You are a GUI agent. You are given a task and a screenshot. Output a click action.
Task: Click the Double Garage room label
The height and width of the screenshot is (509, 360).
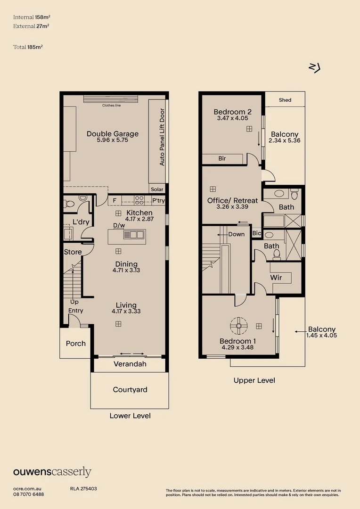tap(112, 134)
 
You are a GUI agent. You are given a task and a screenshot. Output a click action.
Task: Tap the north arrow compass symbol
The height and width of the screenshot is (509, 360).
tap(314, 67)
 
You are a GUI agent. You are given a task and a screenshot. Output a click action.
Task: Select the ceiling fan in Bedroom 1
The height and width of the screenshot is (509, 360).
tap(238, 326)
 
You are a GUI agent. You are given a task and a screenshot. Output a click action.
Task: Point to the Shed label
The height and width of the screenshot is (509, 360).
tap(285, 100)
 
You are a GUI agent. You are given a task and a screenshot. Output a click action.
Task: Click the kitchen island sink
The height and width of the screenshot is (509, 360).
tap(134, 234)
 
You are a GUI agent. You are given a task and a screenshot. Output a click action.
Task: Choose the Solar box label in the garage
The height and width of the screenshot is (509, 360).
tap(157, 189)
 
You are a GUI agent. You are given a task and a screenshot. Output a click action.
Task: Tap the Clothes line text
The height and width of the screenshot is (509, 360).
tap(111, 106)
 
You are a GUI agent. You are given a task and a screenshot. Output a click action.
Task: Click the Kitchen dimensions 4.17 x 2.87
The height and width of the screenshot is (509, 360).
tap(139, 219)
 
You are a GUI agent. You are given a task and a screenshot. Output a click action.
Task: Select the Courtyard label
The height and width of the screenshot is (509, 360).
tap(130, 390)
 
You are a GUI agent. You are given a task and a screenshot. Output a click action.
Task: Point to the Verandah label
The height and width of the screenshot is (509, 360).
tap(130, 364)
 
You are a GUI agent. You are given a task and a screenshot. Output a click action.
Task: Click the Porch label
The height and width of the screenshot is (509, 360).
tap(76, 344)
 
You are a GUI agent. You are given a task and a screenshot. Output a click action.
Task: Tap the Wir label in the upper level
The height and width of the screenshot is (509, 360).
tap(276, 278)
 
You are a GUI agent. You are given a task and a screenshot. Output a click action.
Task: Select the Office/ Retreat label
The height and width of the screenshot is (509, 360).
tap(232, 201)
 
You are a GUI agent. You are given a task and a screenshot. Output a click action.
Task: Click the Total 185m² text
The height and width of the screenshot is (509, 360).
tap(28, 47)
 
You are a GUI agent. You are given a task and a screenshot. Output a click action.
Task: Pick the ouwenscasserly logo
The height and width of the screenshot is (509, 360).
tap(52, 472)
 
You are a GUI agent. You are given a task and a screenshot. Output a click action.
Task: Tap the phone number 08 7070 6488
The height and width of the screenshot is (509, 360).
tap(29, 494)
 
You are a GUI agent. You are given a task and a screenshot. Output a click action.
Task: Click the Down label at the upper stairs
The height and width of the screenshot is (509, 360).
tap(237, 234)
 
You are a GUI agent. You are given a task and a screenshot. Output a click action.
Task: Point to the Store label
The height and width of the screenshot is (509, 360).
tap(73, 252)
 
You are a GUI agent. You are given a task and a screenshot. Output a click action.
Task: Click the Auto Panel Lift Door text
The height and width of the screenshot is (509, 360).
tap(162, 137)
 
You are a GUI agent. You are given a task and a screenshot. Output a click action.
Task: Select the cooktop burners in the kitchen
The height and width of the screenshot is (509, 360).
tap(139, 200)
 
